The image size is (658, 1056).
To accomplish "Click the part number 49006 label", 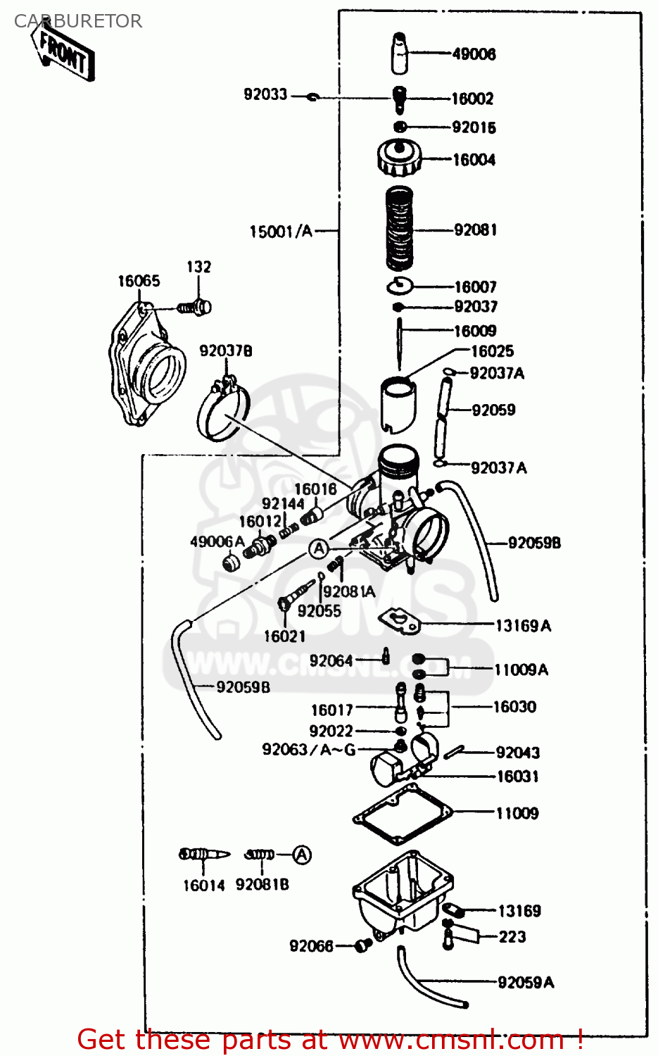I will (x=474, y=54).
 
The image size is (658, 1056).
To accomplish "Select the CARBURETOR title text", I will (x=78, y=21).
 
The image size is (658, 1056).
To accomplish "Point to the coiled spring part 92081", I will (x=400, y=229).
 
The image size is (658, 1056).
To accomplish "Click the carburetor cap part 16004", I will (x=399, y=158).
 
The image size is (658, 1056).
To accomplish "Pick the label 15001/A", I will (x=281, y=231).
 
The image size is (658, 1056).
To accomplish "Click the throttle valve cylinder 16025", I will (x=398, y=405).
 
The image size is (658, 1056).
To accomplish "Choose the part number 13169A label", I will (x=523, y=626).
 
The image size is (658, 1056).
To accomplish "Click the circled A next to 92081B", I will (x=301, y=855).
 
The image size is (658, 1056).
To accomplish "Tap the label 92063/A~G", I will (x=309, y=750).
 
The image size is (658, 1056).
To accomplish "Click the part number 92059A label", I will (x=526, y=982).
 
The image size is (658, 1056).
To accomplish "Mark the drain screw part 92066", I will (x=363, y=945).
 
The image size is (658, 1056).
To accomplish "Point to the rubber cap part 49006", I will (x=400, y=53).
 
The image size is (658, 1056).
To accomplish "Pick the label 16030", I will (x=514, y=707).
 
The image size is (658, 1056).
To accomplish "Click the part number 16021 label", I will (x=284, y=636).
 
